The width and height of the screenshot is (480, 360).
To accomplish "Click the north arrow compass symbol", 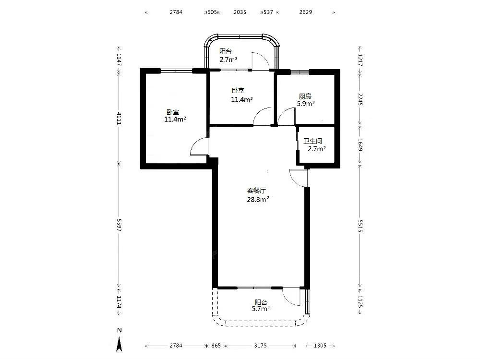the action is click(x=120, y=340).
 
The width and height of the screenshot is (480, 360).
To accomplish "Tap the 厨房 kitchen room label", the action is click(x=305, y=96).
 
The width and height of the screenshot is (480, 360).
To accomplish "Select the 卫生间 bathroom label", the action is click(x=312, y=141).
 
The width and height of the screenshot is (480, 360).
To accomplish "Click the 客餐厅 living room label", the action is click(x=256, y=191).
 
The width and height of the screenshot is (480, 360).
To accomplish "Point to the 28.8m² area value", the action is click(x=258, y=200).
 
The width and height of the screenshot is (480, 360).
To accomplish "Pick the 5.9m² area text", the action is click(x=306, y=104).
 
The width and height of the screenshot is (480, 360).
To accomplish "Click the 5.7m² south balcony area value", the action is click(x=261, y=309).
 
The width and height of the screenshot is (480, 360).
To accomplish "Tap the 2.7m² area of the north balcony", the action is click(x=228, y=60).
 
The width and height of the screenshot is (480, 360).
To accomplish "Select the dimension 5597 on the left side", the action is click(x=119, y=225).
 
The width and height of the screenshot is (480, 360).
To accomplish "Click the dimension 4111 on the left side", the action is click(x=119, y=119).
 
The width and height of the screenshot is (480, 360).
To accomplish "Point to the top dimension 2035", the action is click(x=240, y=12).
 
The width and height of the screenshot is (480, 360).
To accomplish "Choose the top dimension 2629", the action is click(x=305, y=12).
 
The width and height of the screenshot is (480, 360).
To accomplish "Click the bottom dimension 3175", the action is click(x=260, y=346).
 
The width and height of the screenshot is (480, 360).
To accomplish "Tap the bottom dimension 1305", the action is click(x=320, y=346).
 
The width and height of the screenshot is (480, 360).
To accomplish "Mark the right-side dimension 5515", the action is click(x=360, y=226).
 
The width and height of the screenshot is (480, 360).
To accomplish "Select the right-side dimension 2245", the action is click(x=360, y=99).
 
